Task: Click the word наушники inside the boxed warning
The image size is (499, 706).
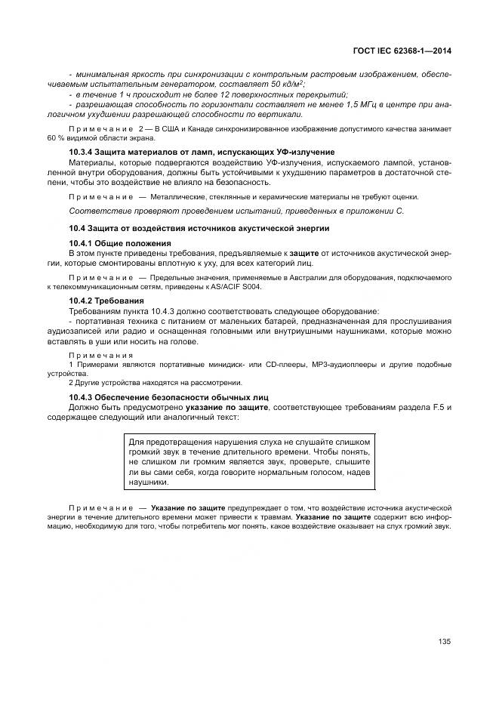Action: click(x=149, y=482)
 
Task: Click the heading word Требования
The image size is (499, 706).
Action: click(x=121, y=301)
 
